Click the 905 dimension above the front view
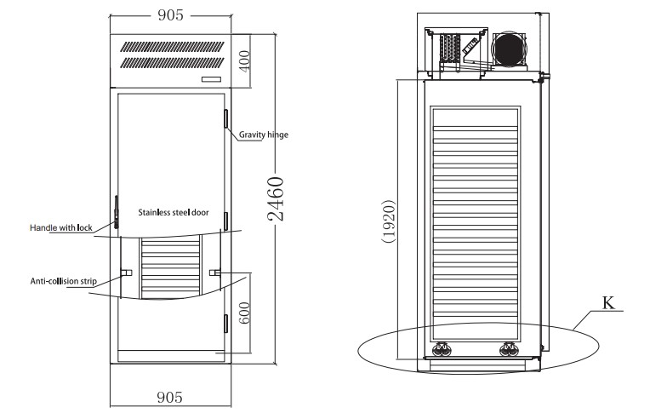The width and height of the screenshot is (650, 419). [x=170, y=15]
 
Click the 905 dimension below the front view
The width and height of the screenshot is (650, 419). [x=169, y=398]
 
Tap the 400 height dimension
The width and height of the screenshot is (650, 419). [x=245, y=61]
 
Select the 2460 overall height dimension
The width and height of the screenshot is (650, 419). [x=276, y=198]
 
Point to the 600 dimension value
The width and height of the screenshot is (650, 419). [x=245, y=313]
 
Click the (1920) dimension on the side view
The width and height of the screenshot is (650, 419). [x=389, y=221]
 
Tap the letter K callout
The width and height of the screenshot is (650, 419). [x=608, y=303]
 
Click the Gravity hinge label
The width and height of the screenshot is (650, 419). [x=263, y=135]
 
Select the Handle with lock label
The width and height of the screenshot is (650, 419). [x=61, y=227]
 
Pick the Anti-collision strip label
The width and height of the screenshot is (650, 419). [x=64, y=281]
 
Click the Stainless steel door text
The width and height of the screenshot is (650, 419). [x=174, y=212]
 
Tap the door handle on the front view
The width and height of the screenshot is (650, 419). [x=117, y=212]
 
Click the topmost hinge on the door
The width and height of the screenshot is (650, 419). [x=226, y=118]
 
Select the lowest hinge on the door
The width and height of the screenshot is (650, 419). [x=226, y=324]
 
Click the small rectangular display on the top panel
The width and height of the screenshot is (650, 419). [x=211, y=79]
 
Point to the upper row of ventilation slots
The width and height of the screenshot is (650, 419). [x=172, y=47]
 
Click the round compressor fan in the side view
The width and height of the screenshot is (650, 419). [x=509, y=49]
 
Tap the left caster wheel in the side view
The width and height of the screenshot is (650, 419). [x=440, y=349]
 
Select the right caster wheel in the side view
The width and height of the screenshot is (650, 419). [x=507, y=349]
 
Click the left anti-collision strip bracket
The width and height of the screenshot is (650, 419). [x=126, y=273]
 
